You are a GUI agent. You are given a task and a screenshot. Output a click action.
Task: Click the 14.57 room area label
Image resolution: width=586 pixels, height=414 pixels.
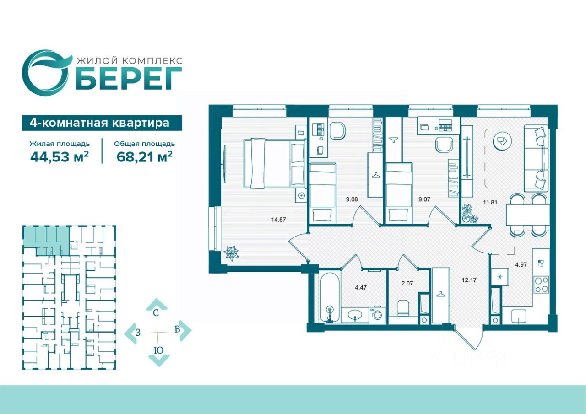click(x=278, y=220)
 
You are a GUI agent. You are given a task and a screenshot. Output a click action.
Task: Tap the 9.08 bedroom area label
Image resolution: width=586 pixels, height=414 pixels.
click(x=352, y=199)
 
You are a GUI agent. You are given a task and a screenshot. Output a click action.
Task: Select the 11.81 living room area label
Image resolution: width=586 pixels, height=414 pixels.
click(x=490, y=202)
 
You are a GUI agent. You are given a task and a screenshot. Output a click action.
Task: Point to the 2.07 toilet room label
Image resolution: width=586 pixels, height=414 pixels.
click(x=407, y=283)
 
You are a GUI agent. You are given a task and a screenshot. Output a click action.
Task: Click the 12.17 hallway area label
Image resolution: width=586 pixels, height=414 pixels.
click(x=469, y=280)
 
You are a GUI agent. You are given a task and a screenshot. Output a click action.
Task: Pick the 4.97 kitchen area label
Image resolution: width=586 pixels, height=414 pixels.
click(x=521, y=264)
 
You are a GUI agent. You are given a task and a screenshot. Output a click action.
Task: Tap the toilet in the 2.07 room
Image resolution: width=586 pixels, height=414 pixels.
click(x=403, y=307)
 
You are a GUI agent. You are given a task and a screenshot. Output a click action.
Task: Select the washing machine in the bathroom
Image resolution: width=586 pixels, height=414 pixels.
click(x=377, y=314)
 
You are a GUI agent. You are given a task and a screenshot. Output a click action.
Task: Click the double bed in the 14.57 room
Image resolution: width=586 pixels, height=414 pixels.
click(x=275, y=163)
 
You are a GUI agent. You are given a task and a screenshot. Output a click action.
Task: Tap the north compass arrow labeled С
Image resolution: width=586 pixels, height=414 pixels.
click(x=156, y=305)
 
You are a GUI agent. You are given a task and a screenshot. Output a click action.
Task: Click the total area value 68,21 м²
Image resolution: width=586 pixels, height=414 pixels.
click(x=144, y=157)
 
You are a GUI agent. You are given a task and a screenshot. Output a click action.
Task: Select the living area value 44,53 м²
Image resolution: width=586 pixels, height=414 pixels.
click(x=60, y=157)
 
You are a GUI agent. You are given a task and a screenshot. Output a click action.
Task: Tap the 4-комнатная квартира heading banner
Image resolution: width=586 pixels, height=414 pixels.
click(x=102, y=123)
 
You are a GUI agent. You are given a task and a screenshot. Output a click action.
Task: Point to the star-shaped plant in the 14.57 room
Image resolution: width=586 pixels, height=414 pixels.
click(x=231, y=253)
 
